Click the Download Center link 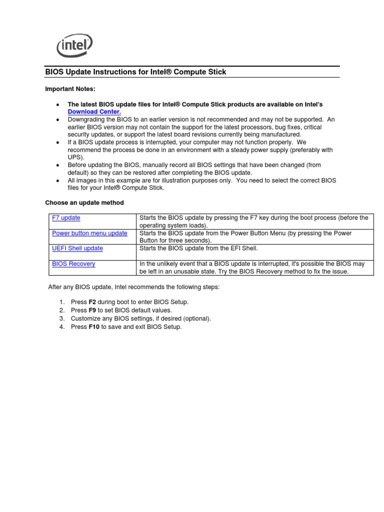coord(94,112)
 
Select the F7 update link coord(66,218)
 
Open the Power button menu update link coord(89,233)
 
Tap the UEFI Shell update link coord(77,248)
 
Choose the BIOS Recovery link coord(73,264)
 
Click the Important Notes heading coord(70,88)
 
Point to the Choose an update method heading coord(84,202)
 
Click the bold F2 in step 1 coord(92,302)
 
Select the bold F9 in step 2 coord(92,310)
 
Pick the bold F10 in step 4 coord(94,327)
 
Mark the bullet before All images coord(58,180)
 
